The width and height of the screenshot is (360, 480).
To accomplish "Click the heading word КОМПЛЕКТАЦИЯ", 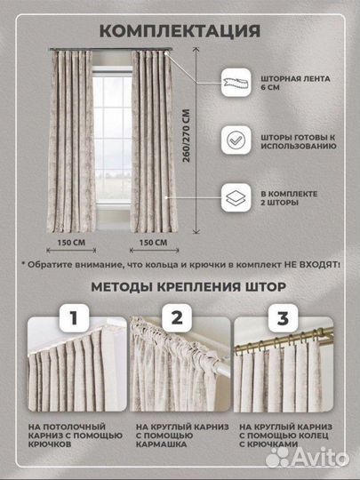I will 180,31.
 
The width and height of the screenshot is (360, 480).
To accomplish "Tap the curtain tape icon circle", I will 236,84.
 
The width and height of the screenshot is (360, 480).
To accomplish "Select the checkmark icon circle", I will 236,140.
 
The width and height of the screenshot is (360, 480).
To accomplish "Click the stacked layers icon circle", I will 236,196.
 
